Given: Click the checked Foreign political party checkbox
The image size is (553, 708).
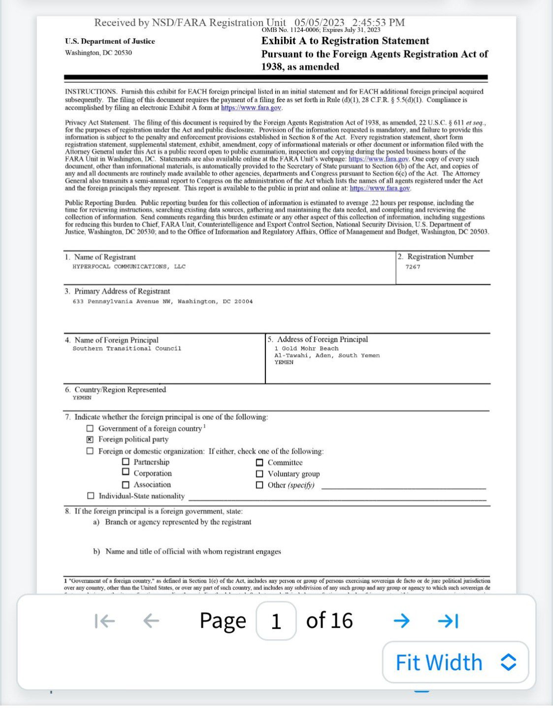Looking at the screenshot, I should [x=90, y=440].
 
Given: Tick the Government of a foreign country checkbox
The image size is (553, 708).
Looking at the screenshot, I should [x=90, y=429].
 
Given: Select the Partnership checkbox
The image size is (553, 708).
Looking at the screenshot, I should [x=126, y=462].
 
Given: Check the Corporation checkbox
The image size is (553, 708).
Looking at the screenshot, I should [x=126, y=472].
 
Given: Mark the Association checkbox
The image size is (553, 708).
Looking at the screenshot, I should [x=126, y=484].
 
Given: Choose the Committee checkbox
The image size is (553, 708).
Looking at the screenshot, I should [x=260, y=462].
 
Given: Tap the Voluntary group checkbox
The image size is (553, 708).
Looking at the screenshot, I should [x=260, y=473].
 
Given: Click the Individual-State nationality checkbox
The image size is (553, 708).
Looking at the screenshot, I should [x=91, y=496].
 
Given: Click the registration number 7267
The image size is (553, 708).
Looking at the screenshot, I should [x=413, y=267].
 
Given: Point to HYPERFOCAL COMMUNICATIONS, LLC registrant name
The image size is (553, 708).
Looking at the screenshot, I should [x=129, y=266].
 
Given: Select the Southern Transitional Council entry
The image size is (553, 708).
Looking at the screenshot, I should [x=127, y=349].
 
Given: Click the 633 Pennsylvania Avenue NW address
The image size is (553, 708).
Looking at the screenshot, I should [x=163, y=301].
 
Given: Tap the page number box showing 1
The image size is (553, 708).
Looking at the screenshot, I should [x=276, y=621].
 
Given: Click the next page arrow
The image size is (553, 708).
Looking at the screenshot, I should [x=402, y=621].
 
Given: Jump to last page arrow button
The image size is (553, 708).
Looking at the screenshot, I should [x=448, y=621].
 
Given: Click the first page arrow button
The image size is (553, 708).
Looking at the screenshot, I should [x=105, y=621].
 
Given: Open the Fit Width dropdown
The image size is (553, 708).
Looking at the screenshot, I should [x=455, y=662].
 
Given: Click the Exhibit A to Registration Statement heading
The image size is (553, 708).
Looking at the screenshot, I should [x=345, y=41].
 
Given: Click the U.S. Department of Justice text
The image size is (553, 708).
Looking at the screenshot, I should [x=110, y=41].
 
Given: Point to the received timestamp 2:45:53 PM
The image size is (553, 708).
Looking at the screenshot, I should [x=378, y=23].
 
